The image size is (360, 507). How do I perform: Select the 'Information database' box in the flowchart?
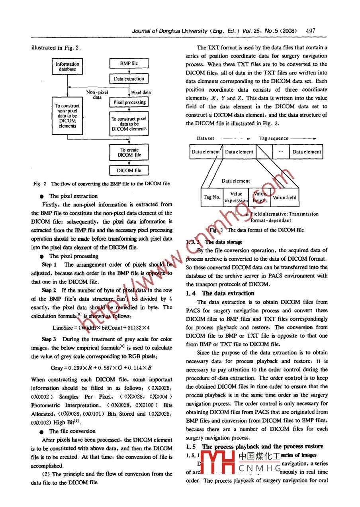tap(67, 67)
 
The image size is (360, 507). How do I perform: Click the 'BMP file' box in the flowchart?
tap(129, 63)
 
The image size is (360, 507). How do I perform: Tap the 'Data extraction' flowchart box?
tap(129, 79)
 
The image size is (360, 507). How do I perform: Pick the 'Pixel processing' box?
tap(129, 102)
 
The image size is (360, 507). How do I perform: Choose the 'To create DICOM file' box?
tap(129, 153)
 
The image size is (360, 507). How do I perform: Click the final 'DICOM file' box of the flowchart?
tap(129, 171)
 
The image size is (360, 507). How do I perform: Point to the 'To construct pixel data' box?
tap(129, 124)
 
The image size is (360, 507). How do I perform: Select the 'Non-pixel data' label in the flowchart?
tap(97, 95)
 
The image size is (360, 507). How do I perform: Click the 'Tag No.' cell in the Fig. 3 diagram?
tap(212, 197)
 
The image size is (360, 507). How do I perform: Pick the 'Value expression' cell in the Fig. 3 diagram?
tap(236, 197)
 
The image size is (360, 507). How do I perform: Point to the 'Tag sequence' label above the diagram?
tap(274, 138)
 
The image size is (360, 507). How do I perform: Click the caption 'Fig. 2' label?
tap(40, 184)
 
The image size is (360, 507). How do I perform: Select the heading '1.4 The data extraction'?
tap(220, 293)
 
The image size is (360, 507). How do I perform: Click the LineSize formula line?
tap(102, 328)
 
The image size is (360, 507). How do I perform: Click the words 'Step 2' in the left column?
tap(49, 290)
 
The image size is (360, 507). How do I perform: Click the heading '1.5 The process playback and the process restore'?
tap(254, 446)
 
